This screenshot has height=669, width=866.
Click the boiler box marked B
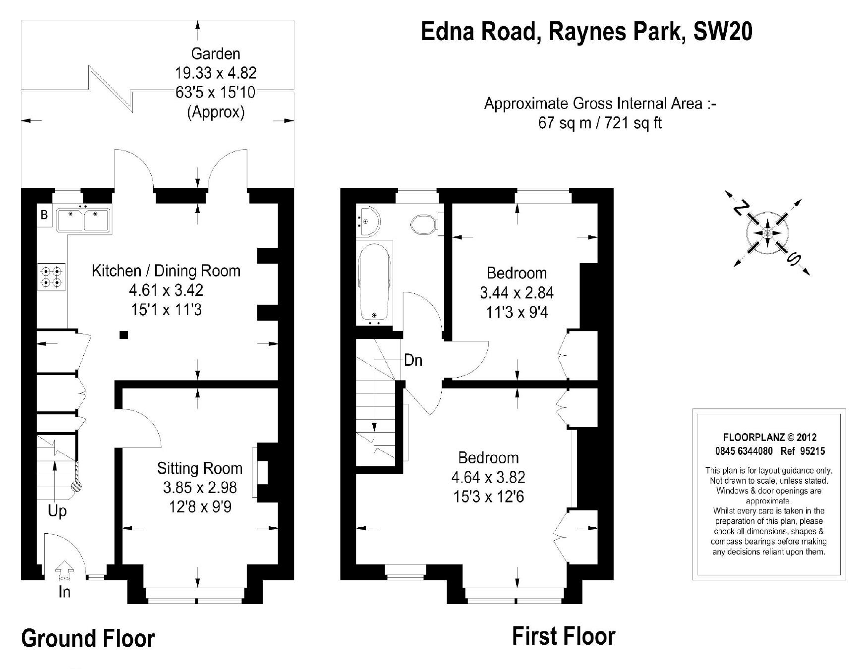click(44, 216)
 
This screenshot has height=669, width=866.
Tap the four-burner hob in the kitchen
click(52, 277)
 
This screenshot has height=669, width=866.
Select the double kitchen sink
click(83, 220)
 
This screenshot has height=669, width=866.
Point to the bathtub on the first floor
click(374, 282)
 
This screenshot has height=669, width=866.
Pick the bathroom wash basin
click(367, 221)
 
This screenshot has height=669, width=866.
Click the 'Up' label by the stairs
click(57, 511)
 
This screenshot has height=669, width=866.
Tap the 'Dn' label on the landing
click(413, 360)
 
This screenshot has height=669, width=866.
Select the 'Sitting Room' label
click(200, 468)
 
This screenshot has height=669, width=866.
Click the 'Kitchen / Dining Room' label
click(166, 271)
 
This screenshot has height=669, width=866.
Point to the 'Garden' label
click(216, 54)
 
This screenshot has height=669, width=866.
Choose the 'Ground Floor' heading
click(88, 638)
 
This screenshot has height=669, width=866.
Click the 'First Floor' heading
click(564, 636)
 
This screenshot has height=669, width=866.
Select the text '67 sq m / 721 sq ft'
click(600, 122)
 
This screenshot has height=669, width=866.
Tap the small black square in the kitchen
click(124, 335)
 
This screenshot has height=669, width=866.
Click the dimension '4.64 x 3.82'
click(488, 477)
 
